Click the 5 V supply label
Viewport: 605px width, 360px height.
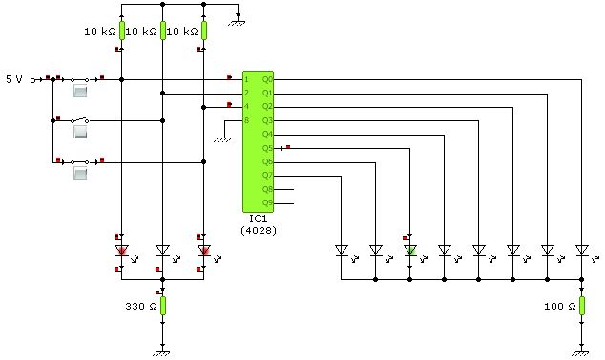pyautogui.click(x=15, y=78)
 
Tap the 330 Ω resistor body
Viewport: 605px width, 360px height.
pyautogui.click(x=163, y=306)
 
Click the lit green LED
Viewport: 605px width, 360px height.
pyautogui.click(x=409, y=250)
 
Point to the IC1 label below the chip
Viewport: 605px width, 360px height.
pyautogui.click(x=258, y=219)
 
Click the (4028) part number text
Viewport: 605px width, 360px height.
pyautogui.click(x=258, y=230)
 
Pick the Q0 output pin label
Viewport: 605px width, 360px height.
pyautogui.click(x=267, y=78)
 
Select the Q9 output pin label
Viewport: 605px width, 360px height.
pyautogui.click(x=267, y=203)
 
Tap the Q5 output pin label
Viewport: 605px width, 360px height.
pyautogui.click(x=267, y=148)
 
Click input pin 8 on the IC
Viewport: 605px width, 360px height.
pyautogui.click(x=247, y=120)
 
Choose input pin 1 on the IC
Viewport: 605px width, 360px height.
pyautogui.click(x=247, y=78)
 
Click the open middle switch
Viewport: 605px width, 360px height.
pyautogui.click(x=80, y=121)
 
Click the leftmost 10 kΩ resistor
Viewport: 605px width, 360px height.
pyautogui.click(x=122, y=31)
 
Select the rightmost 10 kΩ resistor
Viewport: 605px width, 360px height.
pyautogui.click(x=204, y=31)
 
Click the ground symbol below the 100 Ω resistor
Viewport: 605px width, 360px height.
pyautogui.click(x=582, y=350)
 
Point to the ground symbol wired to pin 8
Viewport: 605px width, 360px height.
pyautogui.click(x=224, y=138)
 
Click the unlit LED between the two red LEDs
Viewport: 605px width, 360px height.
pyautogui.click(x=163, y=251)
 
